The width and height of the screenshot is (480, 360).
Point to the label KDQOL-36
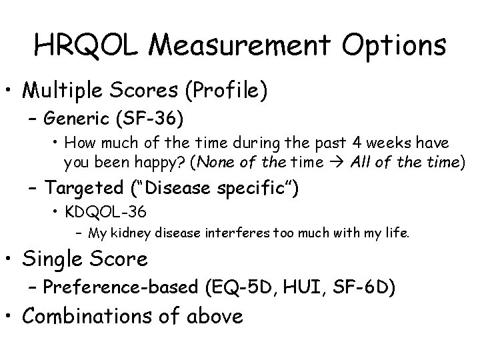(105, 213)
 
